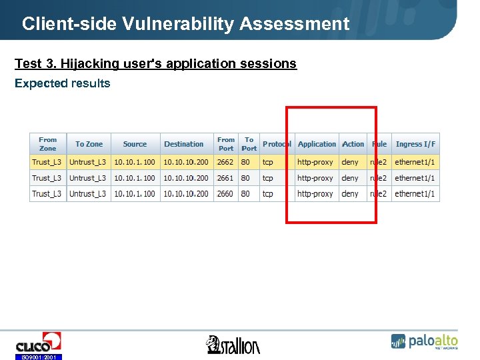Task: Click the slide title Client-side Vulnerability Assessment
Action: coord(185,24)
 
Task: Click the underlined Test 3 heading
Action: coord(155,63)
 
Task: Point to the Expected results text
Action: coord(63,83)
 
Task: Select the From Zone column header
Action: coord(48,144)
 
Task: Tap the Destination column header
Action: coord(184,144)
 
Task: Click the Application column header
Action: coord(317,144)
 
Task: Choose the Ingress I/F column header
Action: coord(415,144)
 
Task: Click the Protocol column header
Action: coord(277,144)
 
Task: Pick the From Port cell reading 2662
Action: coord(225,162)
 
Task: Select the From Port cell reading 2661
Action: coord(225,178)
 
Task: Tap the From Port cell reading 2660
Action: coord(225,194)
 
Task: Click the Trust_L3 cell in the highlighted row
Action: coord(47,162)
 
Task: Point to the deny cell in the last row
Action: coord(350,194)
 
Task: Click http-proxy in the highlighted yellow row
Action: coord(315,162)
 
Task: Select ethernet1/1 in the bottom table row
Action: coord(415,194)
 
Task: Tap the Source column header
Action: coord(135,144)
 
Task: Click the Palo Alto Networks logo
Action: coord(425,341)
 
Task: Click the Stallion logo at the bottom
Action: coord(233,345)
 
